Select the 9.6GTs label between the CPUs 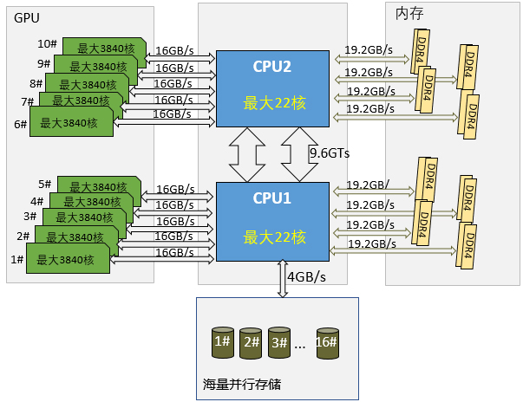pos(329,153)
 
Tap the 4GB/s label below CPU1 pos(306,277)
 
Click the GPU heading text pos(27,17)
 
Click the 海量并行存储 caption pos(242,383)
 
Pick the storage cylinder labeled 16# pos(327,343)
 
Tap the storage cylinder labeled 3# pos(278,343)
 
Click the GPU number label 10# pos(47,44)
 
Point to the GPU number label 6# pos(22,124)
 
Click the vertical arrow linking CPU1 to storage pos(280,279)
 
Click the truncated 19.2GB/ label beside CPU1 pos(368,185)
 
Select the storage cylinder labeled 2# pos(251,344)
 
